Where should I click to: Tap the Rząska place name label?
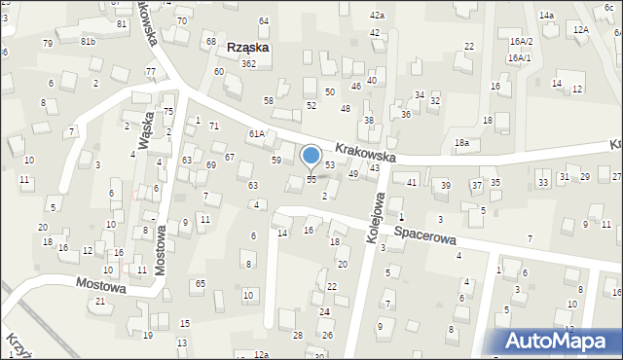248,47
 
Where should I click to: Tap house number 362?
248,64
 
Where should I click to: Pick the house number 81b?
88,41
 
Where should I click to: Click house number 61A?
256,133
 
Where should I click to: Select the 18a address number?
461,143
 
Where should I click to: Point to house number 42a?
377,16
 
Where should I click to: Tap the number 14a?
546,16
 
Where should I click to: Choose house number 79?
48,43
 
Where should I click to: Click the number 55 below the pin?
311,179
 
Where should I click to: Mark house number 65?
200,283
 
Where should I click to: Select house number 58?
269,100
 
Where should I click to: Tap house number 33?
542,182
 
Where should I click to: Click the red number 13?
181,342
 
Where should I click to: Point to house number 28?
298,335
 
